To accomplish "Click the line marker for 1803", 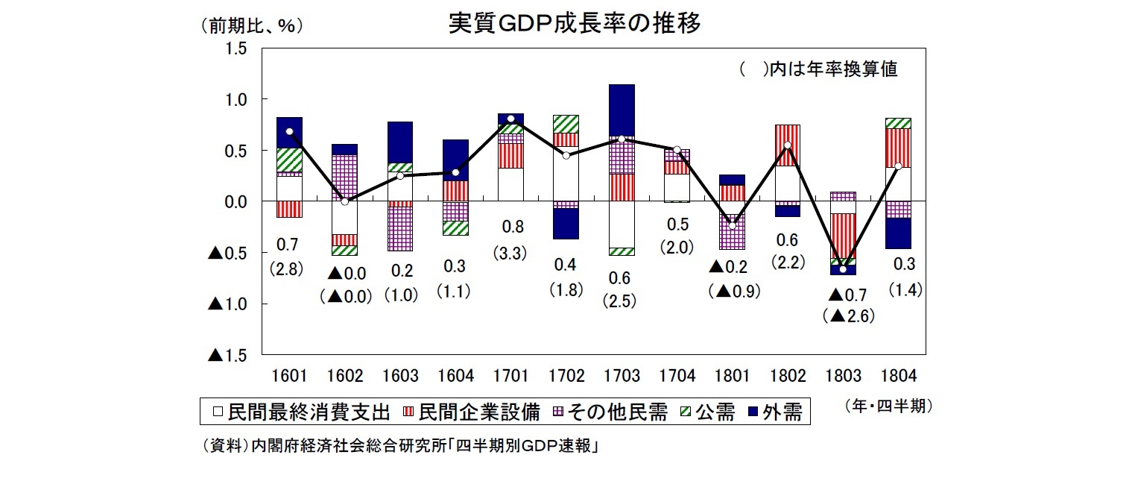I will pyautogui.click(x=842, y=268).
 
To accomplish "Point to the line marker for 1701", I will pyautogui.click(x=510, y=119).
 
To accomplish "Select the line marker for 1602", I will pyautogui.click(x=344, y=201).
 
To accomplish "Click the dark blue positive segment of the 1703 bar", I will pyautogui.click(x=621, y=110).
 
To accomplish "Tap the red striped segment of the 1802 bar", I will pyautogui.click(x=787, y=145).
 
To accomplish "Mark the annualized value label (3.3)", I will pyautogui.click(x=510, y=253).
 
